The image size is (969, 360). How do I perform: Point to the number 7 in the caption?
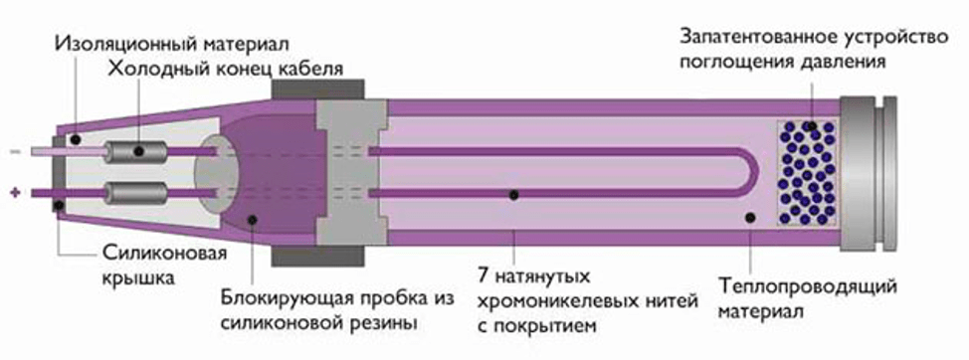(x=484, y=273)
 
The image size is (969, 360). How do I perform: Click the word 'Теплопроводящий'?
(x=807, y=287)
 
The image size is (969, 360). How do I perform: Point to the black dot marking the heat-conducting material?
(x=748, y=216)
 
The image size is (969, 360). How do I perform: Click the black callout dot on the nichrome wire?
(x=513, y=195)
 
